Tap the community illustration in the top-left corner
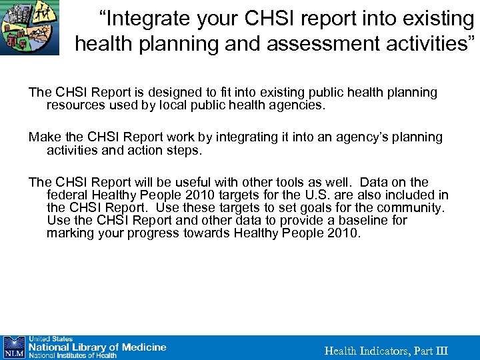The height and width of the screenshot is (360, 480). pos(29,27)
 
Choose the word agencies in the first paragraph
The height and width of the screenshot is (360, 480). pos(297,105)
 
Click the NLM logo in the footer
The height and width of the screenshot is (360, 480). pos(14,347)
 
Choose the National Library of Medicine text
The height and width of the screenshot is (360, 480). pos(97,347)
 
